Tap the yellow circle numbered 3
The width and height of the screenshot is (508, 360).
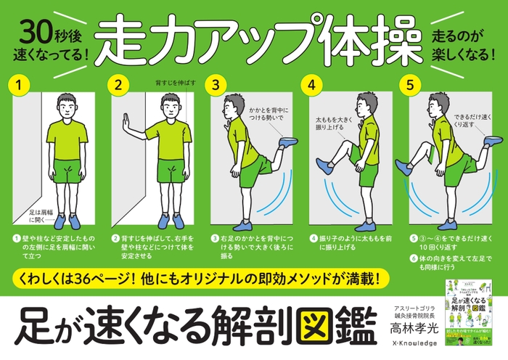coord(216,84)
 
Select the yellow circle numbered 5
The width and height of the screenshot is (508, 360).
coord(411,84)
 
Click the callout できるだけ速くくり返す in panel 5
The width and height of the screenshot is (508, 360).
coord(455,120)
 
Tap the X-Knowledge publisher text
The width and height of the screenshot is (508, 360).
coord(411,349)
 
